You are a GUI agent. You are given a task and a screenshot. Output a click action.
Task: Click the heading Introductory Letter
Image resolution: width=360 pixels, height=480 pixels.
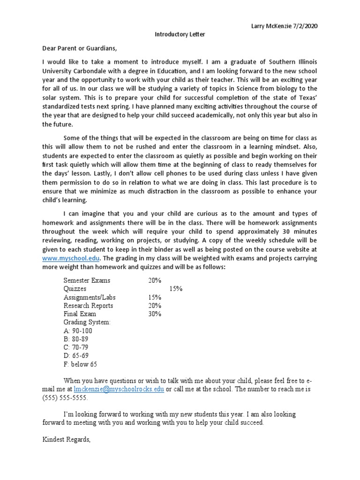(x=173, y=34)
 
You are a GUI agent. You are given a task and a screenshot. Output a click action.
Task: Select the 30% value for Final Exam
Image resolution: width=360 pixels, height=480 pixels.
(x=155, y=314)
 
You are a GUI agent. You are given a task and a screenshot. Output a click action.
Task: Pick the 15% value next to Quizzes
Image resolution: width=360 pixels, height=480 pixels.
(x=176, y=289)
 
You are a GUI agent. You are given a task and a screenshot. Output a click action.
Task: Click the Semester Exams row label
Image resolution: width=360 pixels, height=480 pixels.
(x=87, y=280)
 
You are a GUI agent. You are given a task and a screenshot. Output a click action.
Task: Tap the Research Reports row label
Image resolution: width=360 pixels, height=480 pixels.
(x=88, y=306)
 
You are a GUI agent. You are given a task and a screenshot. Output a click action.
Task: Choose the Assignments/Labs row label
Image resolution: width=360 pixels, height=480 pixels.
(x=90, y=297)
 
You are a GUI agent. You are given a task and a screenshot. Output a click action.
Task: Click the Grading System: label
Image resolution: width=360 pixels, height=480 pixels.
(x=87, y=322)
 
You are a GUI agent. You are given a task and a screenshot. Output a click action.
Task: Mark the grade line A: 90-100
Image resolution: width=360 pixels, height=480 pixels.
(x=79, y=331)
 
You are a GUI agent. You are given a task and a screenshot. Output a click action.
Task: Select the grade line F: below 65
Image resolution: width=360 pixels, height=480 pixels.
(x=80, y=364)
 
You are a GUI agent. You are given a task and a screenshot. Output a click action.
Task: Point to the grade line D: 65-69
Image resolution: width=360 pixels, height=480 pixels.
(x=76, y=356)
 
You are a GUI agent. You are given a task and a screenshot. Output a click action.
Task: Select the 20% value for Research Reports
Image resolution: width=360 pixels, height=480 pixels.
(x=155, y=306)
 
